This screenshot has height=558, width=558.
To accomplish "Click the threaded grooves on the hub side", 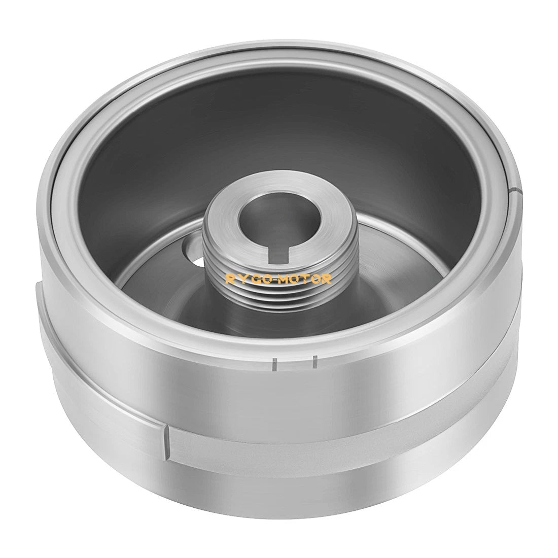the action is pyautogui.click(x=281, y=285).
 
